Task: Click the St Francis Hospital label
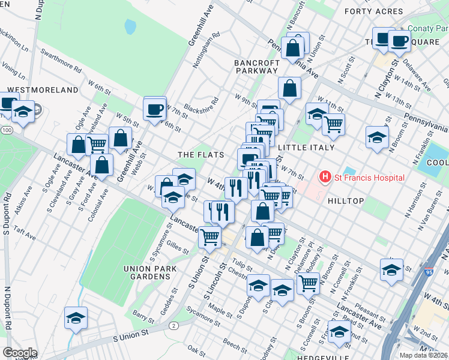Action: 370,178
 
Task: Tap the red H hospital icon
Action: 325,177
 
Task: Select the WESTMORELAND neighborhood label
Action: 43,90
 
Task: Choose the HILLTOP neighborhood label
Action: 346,201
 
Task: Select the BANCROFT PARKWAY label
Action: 257,67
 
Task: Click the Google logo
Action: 19,353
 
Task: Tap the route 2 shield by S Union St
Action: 173,325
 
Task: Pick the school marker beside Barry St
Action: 76,318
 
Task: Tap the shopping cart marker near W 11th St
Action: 333,124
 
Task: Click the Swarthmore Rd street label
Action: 61,60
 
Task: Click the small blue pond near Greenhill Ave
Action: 130,26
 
